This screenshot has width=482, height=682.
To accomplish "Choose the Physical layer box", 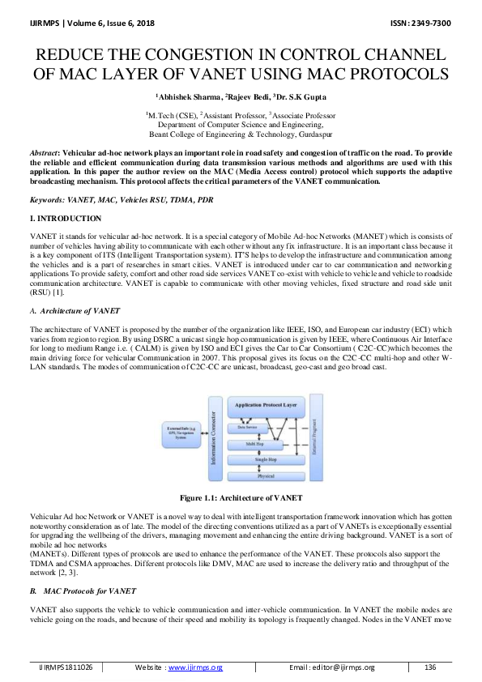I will pos(267,475).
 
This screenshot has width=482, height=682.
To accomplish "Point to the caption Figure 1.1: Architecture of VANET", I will pos(241,497).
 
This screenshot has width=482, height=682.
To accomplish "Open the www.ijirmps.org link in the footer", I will pos(194,667).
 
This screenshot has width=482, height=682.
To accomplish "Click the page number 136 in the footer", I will pos(430,667).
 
